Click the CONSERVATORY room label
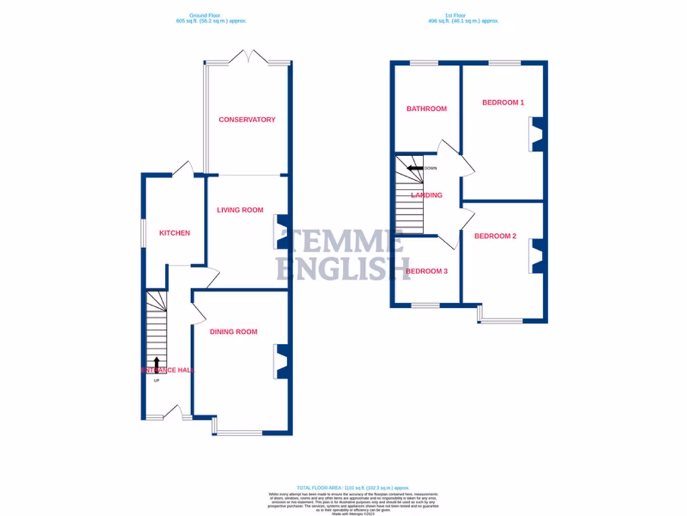click(x=247, y=120)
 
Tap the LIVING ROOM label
click(x=240, y=210)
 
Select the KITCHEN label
click(x=174, y=233)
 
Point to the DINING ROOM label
click(x=233, y=331)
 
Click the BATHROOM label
click(x=426, y=109)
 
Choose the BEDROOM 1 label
click(x=503, y=103)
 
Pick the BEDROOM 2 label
click(x=495, y=236)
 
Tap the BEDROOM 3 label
click(x=426, y=271)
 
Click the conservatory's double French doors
click(x=248, y=56)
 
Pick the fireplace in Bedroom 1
click(x=538, y=134)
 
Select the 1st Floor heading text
click(x=463, y=19)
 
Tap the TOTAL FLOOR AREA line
click(x=352, y=487)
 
